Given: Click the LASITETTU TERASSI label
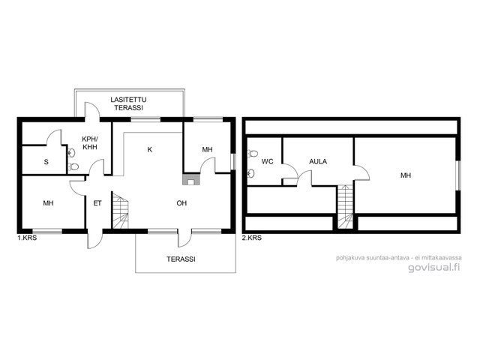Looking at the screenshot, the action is [128, 103].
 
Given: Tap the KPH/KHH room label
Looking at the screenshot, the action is [90, 142].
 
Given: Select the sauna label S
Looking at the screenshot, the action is [46, 162].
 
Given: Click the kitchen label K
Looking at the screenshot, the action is [150, 149].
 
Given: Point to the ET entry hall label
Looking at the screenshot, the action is [97, 203].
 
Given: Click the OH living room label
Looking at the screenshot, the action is [181, 203].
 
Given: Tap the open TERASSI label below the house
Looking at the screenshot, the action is [181, 259].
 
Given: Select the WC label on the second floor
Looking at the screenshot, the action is [267, 161].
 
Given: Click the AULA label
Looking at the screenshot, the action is [318, 161].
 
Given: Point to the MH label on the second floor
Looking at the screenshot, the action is [406, 175].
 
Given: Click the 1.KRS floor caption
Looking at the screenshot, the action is [27, 238].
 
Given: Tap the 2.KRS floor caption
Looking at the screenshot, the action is [252, 238].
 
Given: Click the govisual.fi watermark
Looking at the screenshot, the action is [434, 267].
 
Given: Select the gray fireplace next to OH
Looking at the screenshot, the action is [191, 179].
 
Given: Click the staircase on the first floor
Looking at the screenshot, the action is [121, 210].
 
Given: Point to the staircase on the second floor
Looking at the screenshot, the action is [346, 207].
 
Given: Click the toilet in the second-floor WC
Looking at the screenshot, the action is [253, 153].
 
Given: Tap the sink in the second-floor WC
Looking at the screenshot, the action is [251, 173].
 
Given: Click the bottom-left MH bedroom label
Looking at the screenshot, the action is [48, 203].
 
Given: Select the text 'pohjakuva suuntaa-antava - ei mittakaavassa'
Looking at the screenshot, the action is [399, 258].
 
